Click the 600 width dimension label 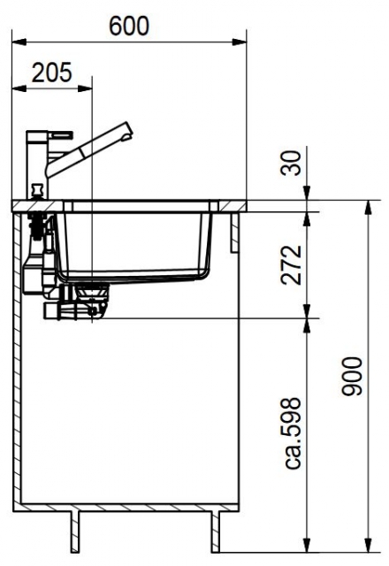(x=129, y=26)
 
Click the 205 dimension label (x=52, y=73)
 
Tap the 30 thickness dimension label (x=291, y=163)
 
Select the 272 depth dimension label (x=291, y=265)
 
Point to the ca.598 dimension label (x=292, y=433)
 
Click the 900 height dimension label (x=352, y=376)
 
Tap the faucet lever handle (x=62, y=135)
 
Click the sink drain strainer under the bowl (x=92, y=292)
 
